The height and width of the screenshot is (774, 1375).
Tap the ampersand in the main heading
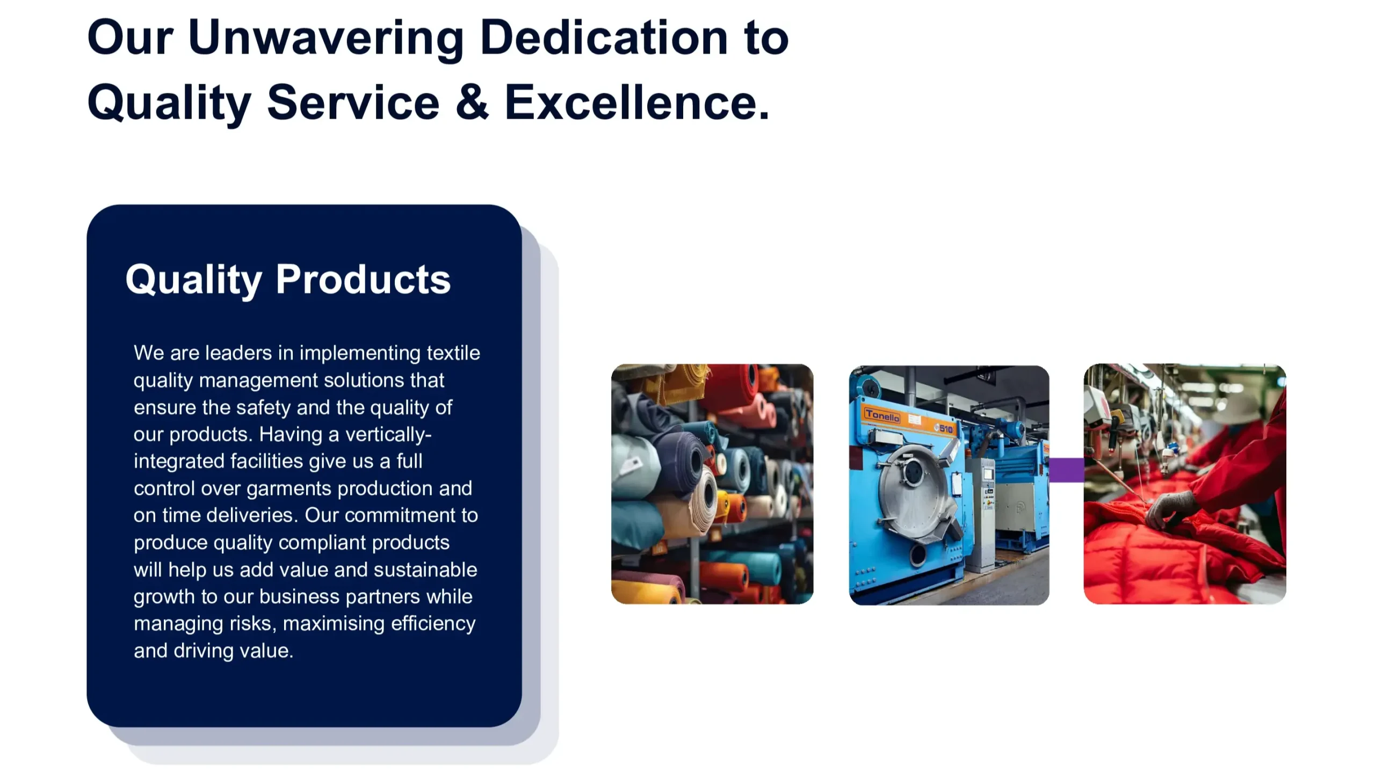click(x=472, y=102)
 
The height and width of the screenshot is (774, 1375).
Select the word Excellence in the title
click(x=637, y=102)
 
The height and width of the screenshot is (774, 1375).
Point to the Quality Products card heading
click(x=288, y=280)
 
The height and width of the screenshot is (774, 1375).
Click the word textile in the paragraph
click(x=453, y=353)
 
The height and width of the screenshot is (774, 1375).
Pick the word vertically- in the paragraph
click(x=388, y=434)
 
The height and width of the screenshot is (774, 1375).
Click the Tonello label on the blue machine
click(x=882, y=415)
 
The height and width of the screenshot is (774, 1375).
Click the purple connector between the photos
click(x=1066, y=470)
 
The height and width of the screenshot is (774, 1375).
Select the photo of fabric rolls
click(x=712, y=484)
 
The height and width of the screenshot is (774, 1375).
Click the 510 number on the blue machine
click(x=946, y=428)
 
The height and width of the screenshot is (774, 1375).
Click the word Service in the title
click(x=353, y=102)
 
